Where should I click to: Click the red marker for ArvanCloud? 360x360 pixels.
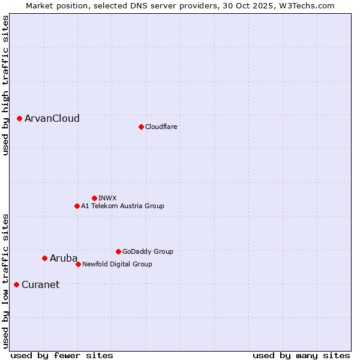tap(20, 119)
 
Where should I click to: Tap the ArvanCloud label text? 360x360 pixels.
tap(52, 119)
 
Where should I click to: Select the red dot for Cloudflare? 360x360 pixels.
tap(141, 127)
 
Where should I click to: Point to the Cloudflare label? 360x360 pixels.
tap(161, 127)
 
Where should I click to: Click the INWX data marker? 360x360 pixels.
tap(94, 198)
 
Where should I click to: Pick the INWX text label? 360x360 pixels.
tap(108, 198)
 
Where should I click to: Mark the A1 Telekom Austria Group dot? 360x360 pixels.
tap(77, 206)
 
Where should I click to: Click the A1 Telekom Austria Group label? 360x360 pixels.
tap(122, 206)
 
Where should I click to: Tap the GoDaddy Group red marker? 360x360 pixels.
tap(118, 251)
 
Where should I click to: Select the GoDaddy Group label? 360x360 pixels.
tap(148, 251)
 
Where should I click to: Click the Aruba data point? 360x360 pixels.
tap(44, 259)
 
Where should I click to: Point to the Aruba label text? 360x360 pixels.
tap(64, 259)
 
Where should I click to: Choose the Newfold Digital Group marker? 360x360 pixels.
tap(78, 264)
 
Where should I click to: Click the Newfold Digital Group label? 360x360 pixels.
tap(117, 264)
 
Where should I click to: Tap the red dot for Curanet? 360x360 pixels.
tap(16, 284)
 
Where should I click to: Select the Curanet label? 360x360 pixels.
tap(41, 284)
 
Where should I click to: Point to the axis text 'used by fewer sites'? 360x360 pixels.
tap(62, 355)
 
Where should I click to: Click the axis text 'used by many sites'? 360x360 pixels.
tap(301, 355)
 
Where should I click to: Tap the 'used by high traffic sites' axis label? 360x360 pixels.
tap(5, 85)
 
